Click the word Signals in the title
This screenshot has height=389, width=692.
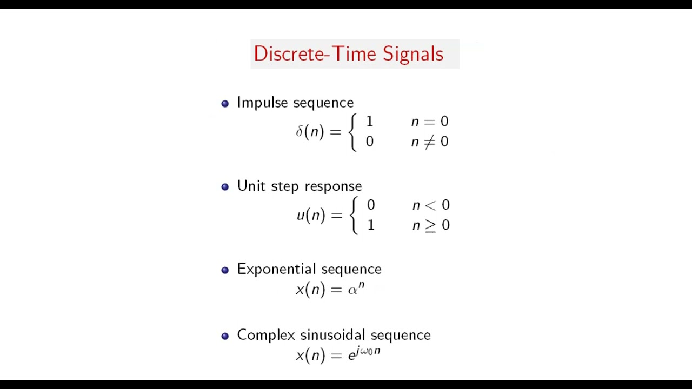click(x=413, y=54)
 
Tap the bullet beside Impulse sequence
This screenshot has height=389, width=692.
click(x=225, y=104)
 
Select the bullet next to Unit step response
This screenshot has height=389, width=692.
click(x=225, y=187)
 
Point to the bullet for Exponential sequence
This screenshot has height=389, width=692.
click(x=225, y=270)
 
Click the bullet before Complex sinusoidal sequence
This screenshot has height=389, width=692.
click(x=225, y=336)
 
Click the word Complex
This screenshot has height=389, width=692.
click(x=266, y=335)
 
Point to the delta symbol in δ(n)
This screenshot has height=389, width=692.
click(x=299, y=131)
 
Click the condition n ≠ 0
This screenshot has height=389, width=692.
click(x=430, y=142)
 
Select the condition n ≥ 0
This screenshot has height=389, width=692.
click(x=431, y=225)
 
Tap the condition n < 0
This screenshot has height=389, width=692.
click(x=431, y=205)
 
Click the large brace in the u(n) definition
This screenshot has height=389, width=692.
click(x=354, y=215)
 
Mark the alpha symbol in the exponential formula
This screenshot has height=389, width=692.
click(x=352, y=291)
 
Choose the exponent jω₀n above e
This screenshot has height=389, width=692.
click(x=368, y=351)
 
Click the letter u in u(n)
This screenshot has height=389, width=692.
click(x=301, y=216)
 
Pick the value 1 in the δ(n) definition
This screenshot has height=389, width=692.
click(x=370, y=122)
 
